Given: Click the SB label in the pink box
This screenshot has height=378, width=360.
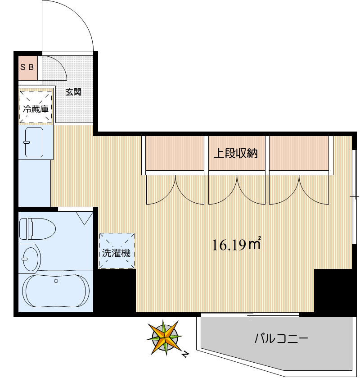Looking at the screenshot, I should point(27,68).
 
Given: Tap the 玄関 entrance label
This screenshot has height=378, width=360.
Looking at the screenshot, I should point(73,92).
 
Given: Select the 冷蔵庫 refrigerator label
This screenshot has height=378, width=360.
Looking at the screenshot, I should point(36,109).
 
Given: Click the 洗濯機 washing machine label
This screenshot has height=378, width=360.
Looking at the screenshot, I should point(116,253).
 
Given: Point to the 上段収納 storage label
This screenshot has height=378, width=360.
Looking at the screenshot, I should point(235,153).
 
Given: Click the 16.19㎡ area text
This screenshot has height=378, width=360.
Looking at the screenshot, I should point(237,245).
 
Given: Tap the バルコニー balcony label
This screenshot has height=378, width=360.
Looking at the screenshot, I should point(281,338).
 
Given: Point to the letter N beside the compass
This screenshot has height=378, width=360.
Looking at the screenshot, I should point(185,355).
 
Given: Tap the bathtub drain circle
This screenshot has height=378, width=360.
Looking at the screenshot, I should point(56,281).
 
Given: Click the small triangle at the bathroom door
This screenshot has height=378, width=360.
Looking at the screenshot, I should point(84,218).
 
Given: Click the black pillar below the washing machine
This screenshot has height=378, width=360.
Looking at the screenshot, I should point(115,291).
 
